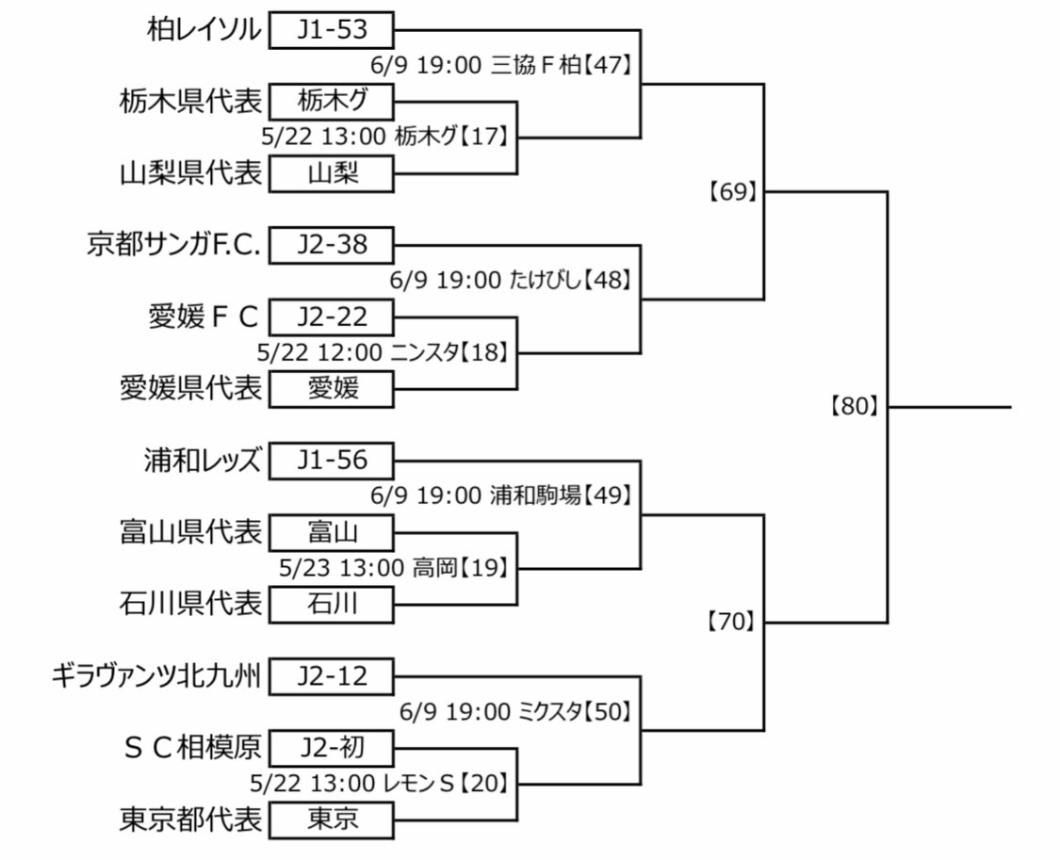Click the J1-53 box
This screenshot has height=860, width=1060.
coord(332,30)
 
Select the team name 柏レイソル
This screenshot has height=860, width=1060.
coord(204,30)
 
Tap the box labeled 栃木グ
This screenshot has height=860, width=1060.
coord(332,101)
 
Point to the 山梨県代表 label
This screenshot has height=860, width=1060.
coord(191,173)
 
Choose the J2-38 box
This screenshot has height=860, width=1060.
coord(332,245)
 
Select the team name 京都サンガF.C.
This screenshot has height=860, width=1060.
coord(175,245)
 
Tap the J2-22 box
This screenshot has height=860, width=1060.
coord(332,316)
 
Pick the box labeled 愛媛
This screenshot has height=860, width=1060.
coord(332,388)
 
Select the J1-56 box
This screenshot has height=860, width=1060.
coord(332,461)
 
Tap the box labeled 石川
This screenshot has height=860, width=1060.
coord(332,603)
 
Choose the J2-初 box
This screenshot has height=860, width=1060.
coord(332,748)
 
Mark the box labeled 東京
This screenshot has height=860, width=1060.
coord(332,819)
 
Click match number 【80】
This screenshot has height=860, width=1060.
coord(856,407)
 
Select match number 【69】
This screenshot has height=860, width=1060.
coord(732,192)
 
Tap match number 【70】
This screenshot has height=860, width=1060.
coord(732,622)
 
